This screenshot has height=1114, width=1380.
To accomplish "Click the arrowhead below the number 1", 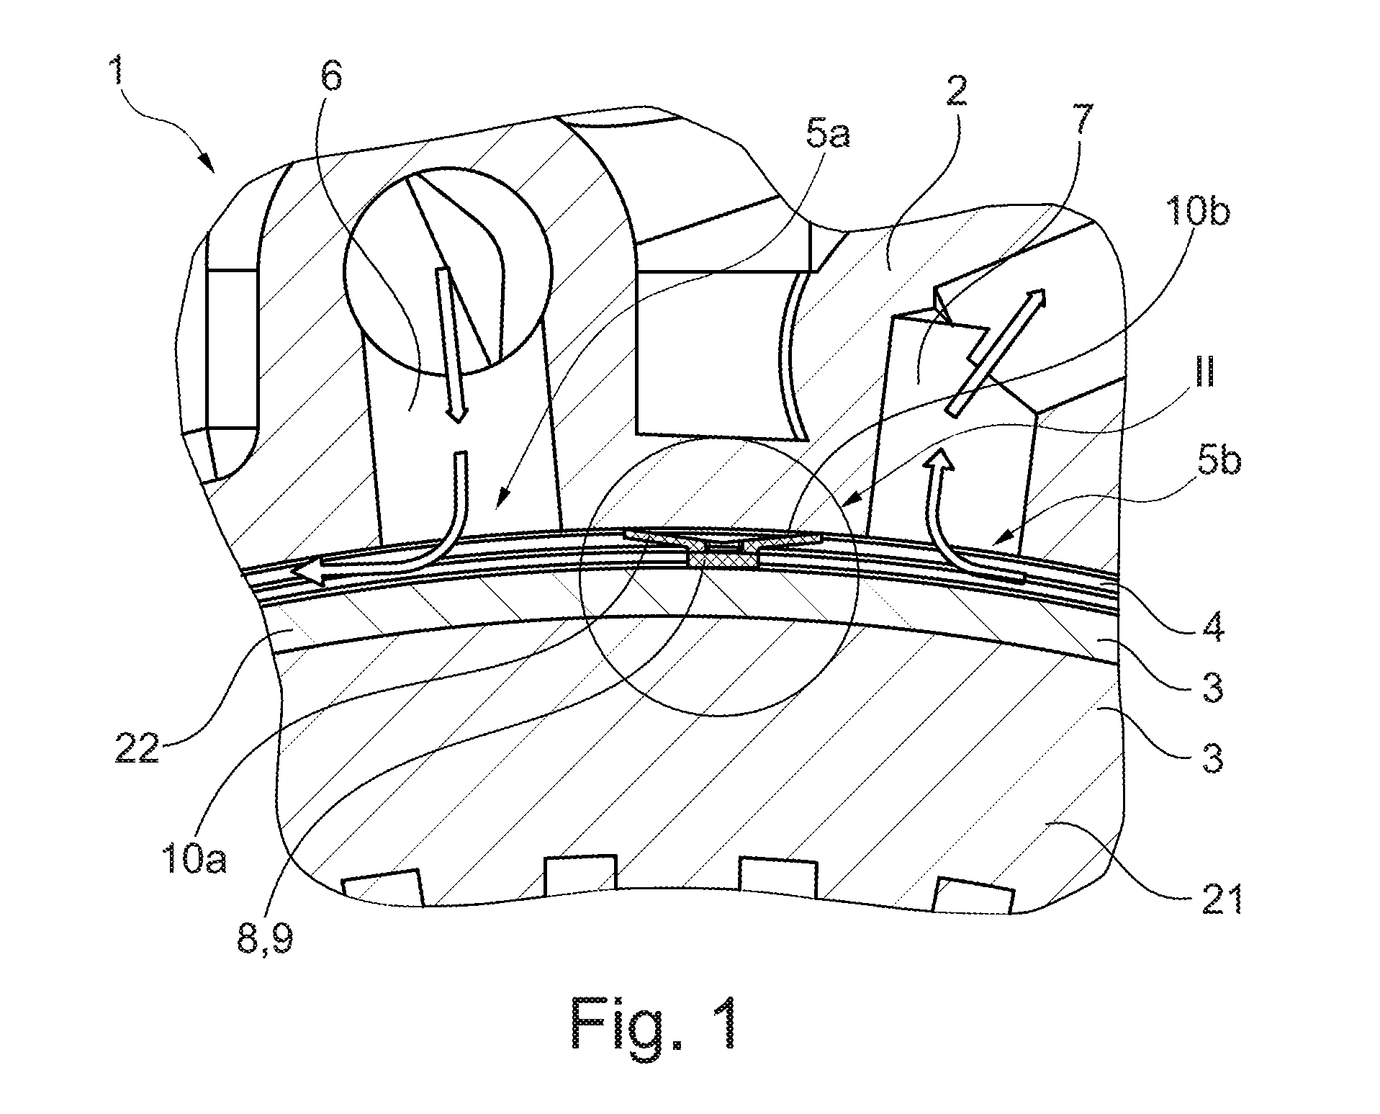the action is click(209, 163).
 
